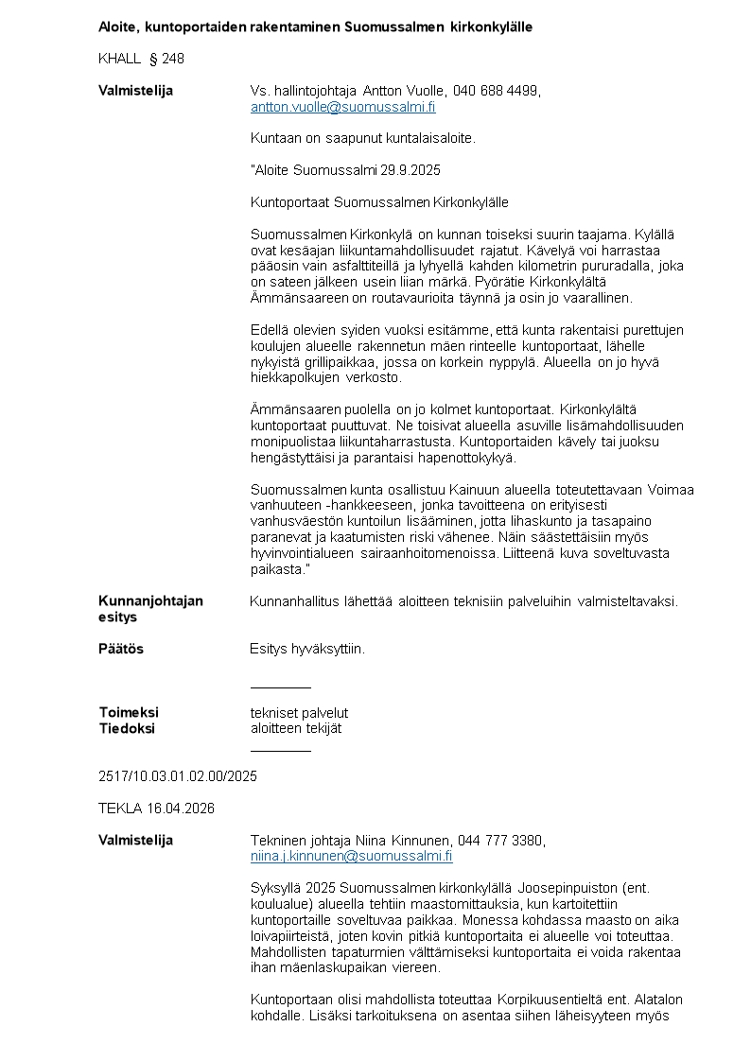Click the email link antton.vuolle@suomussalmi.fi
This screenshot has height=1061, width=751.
click(342, 108)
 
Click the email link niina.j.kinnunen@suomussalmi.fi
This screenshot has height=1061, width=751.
click(351, 857)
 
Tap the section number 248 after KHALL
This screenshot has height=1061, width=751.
click(173, 59)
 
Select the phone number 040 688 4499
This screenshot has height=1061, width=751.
click(496, 91)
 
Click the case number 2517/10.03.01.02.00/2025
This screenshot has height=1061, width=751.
click(178, 776)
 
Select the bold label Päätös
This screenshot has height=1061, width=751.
click(121, 650)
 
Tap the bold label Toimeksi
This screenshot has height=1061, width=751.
click(129, 713)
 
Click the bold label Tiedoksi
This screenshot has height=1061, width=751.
click(127, 729)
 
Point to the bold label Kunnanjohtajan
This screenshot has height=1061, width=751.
click(150, 601)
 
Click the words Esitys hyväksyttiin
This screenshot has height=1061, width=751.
click(307, 650)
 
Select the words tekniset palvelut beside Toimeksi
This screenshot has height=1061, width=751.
click(299, 713)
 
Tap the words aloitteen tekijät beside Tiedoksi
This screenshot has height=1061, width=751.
click(296, 729)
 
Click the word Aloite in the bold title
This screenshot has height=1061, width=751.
click(117, 27)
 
